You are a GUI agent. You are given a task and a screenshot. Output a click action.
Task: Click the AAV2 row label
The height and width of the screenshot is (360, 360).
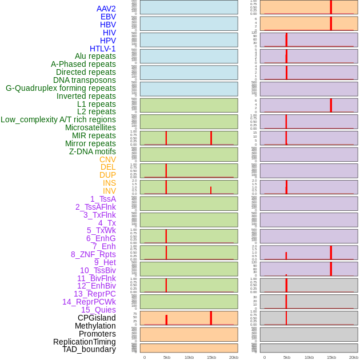click(x=106, y=9)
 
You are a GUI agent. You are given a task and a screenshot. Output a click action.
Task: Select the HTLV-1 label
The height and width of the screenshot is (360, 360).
click(x=102, y=49)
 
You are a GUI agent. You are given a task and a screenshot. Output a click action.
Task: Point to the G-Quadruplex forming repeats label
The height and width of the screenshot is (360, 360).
click(x=61, y=88)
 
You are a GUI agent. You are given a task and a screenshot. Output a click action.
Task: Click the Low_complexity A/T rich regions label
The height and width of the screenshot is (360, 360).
click(x=58, y=119)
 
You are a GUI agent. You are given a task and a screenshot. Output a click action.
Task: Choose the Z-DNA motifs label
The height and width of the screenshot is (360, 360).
click(x=93, y=151)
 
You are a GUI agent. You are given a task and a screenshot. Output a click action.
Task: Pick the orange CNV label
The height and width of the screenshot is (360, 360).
click(x=107, y=159)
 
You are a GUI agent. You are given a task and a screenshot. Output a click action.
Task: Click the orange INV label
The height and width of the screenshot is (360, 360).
click(x=109, y=191)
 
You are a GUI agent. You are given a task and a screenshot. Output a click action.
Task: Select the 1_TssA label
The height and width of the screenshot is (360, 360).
click(x=103, y=199)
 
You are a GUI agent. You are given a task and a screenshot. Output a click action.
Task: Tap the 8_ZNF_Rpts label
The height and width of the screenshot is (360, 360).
click(x=93, y=254)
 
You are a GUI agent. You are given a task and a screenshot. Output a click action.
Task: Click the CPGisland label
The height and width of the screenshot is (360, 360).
click(x=97, y=318)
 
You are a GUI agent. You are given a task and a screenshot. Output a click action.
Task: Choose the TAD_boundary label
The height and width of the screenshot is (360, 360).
click(x=89, y=349)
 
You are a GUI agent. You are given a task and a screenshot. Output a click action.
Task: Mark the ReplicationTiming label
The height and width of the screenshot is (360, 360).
click(x=85, y=342)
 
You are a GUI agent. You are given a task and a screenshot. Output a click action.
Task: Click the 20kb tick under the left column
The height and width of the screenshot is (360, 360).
click(x=233, y=357)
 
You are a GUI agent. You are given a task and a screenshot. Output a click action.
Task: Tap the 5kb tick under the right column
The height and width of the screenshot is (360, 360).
click(x=286, y=357)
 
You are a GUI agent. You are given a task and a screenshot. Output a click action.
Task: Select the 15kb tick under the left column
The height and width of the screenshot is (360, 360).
click(x=211, y=357)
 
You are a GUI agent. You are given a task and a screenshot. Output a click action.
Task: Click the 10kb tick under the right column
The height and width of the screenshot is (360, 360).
click(x=309, y=357)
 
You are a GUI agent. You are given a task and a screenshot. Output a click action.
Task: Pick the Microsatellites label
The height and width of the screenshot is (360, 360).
click(x=90, y=127)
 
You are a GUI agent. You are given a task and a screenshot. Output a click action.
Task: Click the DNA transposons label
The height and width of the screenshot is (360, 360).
click(x=85, y=80)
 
